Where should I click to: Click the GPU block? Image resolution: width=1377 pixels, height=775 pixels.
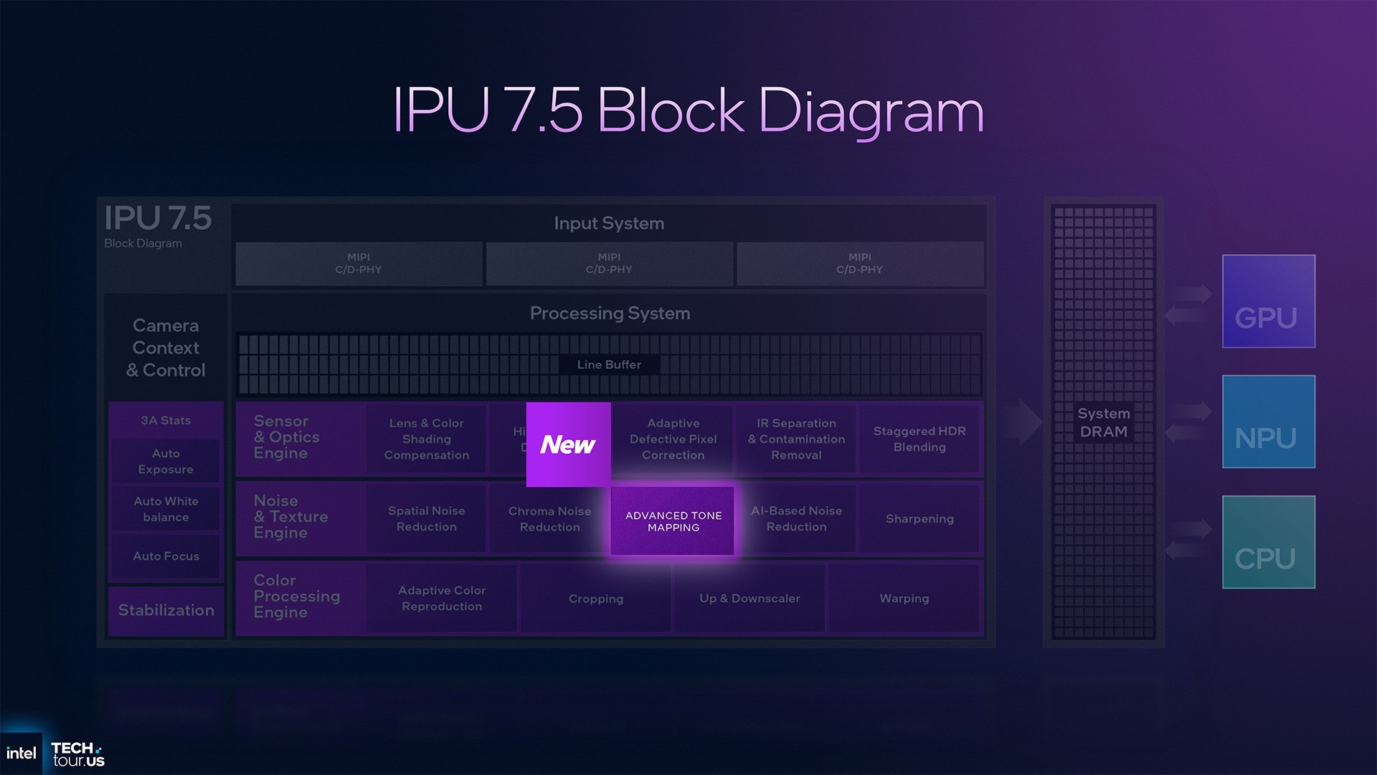point(1268,301)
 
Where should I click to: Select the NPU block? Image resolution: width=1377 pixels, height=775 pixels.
point(1268,422)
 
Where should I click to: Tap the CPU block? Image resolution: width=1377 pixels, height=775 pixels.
point(1268,542)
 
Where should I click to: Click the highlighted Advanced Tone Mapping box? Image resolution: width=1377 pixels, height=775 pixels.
point(673,521)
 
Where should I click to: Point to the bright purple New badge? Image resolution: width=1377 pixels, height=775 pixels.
point(568,444)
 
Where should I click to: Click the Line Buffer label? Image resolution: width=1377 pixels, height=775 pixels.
point(609,365)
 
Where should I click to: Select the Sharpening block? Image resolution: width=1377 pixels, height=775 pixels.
point(919,519)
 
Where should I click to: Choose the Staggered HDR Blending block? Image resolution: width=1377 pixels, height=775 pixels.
point(919,439)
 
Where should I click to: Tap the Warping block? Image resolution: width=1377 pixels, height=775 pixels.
point(904,598)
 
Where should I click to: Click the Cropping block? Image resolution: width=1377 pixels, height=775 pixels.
point(595,598)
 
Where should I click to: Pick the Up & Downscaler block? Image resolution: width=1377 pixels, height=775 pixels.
point(749,598)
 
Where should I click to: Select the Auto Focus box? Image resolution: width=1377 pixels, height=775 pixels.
point(166,556)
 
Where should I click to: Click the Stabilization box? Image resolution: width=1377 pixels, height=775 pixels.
point(166,611)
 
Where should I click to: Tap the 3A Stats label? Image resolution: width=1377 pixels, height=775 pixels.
point(166,421)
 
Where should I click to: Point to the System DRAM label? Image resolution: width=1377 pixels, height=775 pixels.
point(1103,423)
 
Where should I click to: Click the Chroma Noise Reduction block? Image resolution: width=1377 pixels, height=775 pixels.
point(549,519)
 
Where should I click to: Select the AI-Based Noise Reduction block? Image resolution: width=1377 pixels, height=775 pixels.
point(796,519)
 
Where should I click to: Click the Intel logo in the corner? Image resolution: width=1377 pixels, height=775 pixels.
point(21,753)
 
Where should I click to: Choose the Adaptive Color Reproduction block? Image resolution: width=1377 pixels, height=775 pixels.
point(442,598)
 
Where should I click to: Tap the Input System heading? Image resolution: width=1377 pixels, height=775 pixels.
point(609,223)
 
